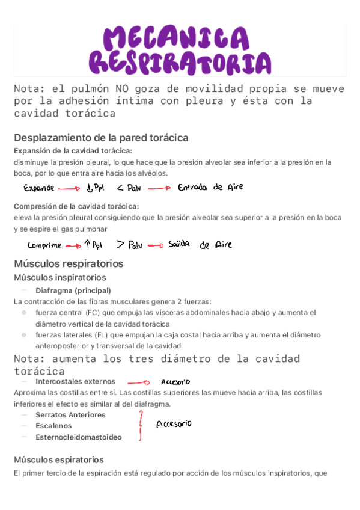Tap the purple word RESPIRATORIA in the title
tap(180, 62)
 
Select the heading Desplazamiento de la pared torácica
tap(101, 137)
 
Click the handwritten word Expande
tap(39, 188)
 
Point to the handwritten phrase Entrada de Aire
tap(210, 187)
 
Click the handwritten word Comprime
tap(44, 245)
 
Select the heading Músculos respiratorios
tap(69, 263)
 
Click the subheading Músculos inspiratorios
tap(60, 277)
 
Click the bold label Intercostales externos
tap(75, 381)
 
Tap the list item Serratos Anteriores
tap(70, 414)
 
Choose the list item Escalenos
tap(53, 426)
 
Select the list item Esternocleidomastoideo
tap(78, 437)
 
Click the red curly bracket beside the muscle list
tap(141, 425)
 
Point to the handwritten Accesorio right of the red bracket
tap(174, 424)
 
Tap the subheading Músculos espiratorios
tap(59, 459)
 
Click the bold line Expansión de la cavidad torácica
tap(73, 150)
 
